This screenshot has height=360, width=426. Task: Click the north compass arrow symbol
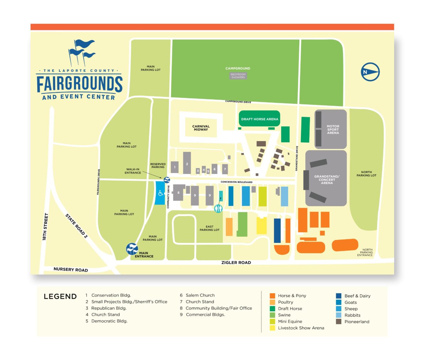(370, 72)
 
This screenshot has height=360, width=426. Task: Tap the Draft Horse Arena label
(260, 119)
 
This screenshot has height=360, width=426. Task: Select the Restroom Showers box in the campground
(238, 76)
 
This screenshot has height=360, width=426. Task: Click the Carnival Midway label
(201, 128)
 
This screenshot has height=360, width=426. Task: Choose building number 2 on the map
(187, 164)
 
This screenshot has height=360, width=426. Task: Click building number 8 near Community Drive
(178, 193)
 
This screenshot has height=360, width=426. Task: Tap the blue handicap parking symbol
(160, 193)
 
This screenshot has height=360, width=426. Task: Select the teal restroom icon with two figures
(218, 208)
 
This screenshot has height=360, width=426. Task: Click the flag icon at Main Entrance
(132, 249)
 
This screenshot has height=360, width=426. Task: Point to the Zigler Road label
(236, 263)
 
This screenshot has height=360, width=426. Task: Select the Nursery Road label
(71, 270)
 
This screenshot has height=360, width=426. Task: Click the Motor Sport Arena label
(333, 129)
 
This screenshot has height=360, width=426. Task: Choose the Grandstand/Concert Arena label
(327, 180)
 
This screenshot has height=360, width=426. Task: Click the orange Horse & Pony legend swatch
(272, 296)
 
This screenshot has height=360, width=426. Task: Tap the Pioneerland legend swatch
(339, 322)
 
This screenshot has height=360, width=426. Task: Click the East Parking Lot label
(209, 228)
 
